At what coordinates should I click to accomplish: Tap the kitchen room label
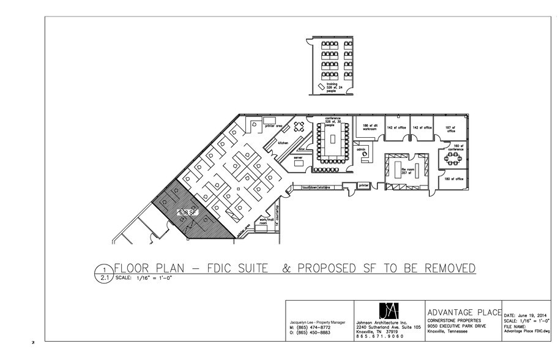click(283, 142)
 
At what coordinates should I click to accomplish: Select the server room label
click(299, 158)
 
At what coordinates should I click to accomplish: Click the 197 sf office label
click(451, 129)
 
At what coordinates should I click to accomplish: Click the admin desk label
click(361, 149)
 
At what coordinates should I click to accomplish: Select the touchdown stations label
click(315, 187)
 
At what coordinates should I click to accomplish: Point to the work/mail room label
click(264, 222)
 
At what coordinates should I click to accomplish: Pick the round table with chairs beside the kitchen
click(299, 127)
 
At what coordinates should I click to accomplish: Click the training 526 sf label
click(332, 88)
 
